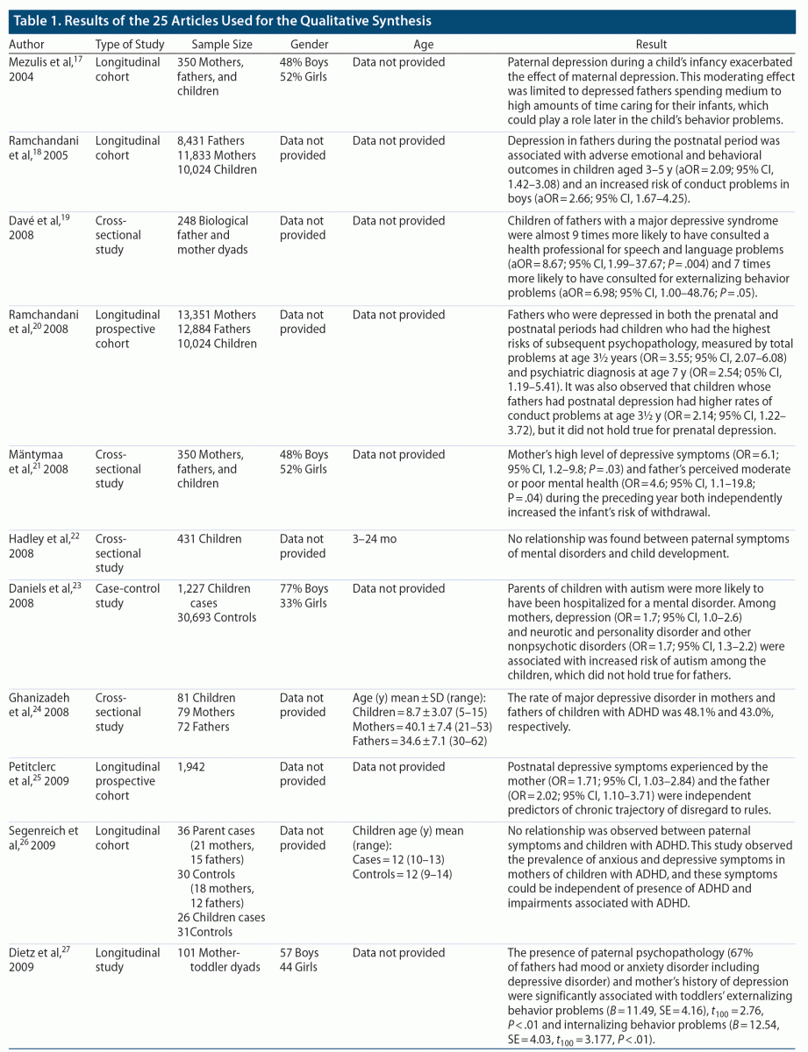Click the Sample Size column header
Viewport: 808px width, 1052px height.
220,44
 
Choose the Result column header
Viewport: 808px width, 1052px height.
651,44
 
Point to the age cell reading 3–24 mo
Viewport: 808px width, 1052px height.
375,539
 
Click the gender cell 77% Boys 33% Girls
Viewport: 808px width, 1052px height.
304,596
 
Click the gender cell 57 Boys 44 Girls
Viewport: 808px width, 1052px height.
300,960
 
